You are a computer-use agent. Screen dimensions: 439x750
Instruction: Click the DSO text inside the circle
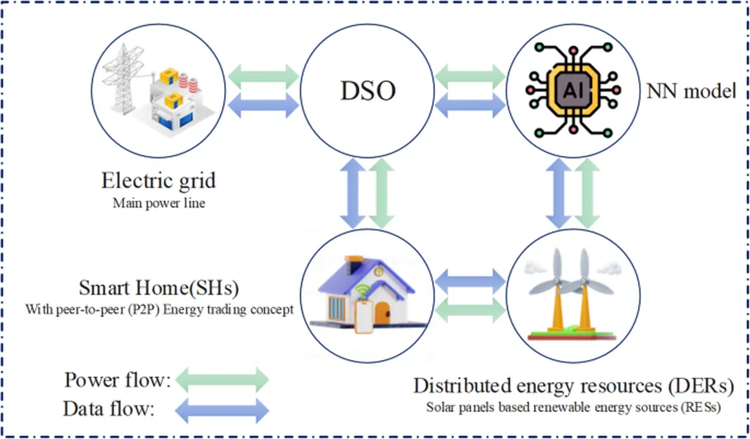tap(368, 91)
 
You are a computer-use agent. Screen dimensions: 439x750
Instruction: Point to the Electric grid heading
tap(158, 180)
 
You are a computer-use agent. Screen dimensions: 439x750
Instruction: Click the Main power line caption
tap(158, 203)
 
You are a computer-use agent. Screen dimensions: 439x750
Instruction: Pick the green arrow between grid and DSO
tap(264, 75)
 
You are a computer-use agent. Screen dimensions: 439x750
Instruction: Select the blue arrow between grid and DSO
tap(264, 105)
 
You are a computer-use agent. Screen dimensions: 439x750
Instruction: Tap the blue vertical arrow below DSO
tap(352, 193)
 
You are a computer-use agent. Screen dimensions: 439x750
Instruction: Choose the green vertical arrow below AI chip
tap(586, 193)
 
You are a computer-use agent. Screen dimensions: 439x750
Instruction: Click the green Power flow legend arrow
tap(223, 380)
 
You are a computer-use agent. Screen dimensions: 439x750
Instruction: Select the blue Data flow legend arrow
tap(223, 410)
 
